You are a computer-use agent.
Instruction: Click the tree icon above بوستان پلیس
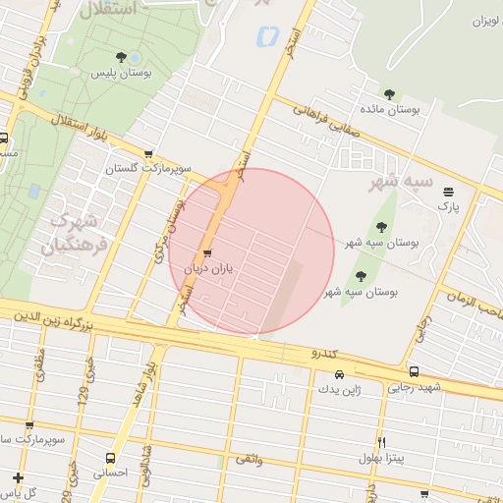coord(122,58)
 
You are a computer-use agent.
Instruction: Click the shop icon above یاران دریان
coord(206,253)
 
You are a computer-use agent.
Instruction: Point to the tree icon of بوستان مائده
coord(390,95)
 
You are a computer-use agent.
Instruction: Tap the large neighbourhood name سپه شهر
coord(400,182)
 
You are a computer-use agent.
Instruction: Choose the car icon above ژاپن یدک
coord(339,374)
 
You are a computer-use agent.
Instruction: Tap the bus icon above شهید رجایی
coord(414,372)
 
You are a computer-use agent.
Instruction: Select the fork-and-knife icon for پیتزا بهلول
coord(382,443)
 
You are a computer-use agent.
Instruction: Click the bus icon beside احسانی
coord(110,458)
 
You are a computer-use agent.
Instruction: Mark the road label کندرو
coord(325,352)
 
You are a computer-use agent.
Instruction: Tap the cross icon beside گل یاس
coord(19,477)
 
